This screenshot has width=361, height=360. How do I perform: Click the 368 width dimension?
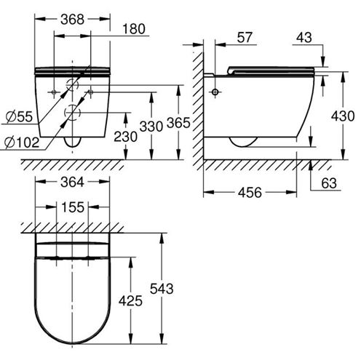72,20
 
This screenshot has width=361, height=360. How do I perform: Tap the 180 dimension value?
134,29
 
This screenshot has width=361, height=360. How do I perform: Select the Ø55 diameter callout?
19,117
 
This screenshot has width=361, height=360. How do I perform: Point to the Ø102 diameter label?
22,143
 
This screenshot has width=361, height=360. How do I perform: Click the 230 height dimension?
125,137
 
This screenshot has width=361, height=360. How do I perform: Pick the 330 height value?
151,127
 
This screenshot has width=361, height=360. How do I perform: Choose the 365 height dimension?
178,123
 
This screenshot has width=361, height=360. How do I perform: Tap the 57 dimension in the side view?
245,38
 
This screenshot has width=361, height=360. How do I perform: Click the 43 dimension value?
304,38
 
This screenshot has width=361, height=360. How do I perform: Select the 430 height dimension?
343,116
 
